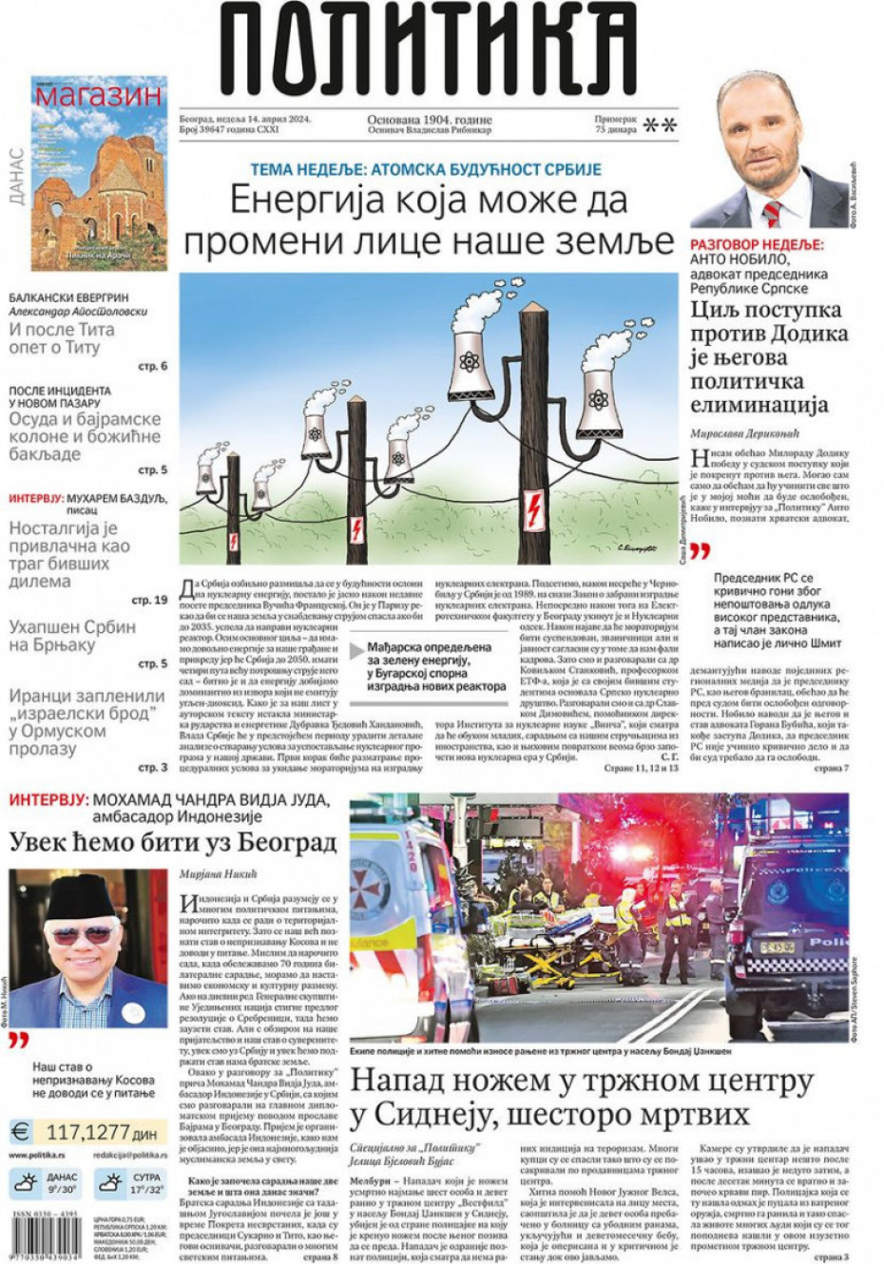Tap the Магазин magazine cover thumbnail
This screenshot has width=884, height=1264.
click(99, 174)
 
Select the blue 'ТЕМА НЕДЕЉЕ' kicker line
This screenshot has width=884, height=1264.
click(426, 170)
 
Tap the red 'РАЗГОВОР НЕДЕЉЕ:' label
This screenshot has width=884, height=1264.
click(757, 244)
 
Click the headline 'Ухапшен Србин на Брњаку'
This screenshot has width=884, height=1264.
click(72, 636)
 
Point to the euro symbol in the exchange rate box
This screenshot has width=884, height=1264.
click(20, 1132)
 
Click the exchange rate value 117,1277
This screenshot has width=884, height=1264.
click(86, 1132)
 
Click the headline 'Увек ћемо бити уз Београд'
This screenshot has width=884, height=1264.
click(173, 842)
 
